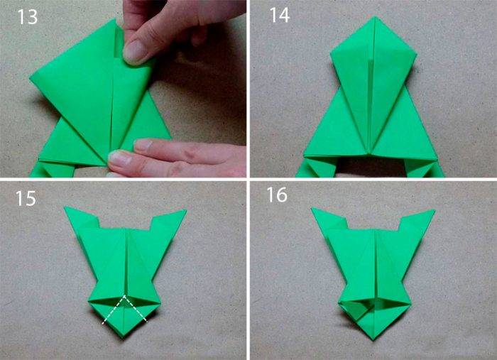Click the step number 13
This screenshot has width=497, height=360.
[28, 17]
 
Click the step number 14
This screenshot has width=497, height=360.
[279, 15]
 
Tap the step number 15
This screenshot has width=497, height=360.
[26, 198]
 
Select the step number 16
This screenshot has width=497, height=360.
[277, 195]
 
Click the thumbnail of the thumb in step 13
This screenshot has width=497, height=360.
[136, 51]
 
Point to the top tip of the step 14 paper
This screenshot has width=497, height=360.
[375, 16]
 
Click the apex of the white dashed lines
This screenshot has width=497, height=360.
[124, 295]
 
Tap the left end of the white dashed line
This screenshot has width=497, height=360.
[104, 323]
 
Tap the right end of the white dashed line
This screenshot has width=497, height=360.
[147, 322]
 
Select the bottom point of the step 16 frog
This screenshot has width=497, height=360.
[373, 339]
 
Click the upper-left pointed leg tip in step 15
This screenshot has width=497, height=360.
[65, 207]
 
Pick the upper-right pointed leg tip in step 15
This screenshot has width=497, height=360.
[185, 210]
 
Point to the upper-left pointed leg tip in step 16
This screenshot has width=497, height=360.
[312, 209]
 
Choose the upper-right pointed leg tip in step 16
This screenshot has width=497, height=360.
[434, 210]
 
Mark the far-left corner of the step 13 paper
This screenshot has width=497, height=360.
[31, 77]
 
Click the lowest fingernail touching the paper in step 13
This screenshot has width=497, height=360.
[119, 158]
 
